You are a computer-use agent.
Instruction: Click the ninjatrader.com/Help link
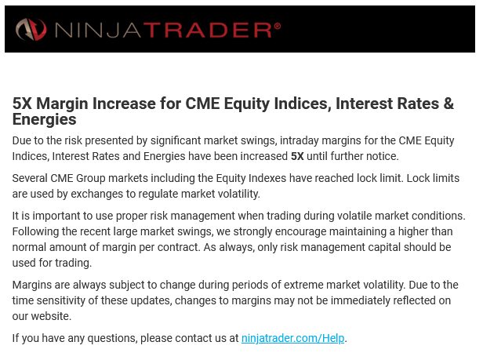tap(292, 338)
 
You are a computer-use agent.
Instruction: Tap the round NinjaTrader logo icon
tap(31, 29)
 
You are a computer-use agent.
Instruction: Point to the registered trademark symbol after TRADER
tap(278, 26)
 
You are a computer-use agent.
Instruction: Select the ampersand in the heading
tap(448, 104)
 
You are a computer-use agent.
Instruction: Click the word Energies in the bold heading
tap(45, 119)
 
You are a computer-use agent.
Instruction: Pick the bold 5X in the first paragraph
tap(297, 156)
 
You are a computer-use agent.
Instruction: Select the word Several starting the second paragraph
tap(30, 178)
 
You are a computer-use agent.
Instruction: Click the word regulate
tap(158, 195)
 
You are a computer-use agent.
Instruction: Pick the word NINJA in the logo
tap(98, 31)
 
